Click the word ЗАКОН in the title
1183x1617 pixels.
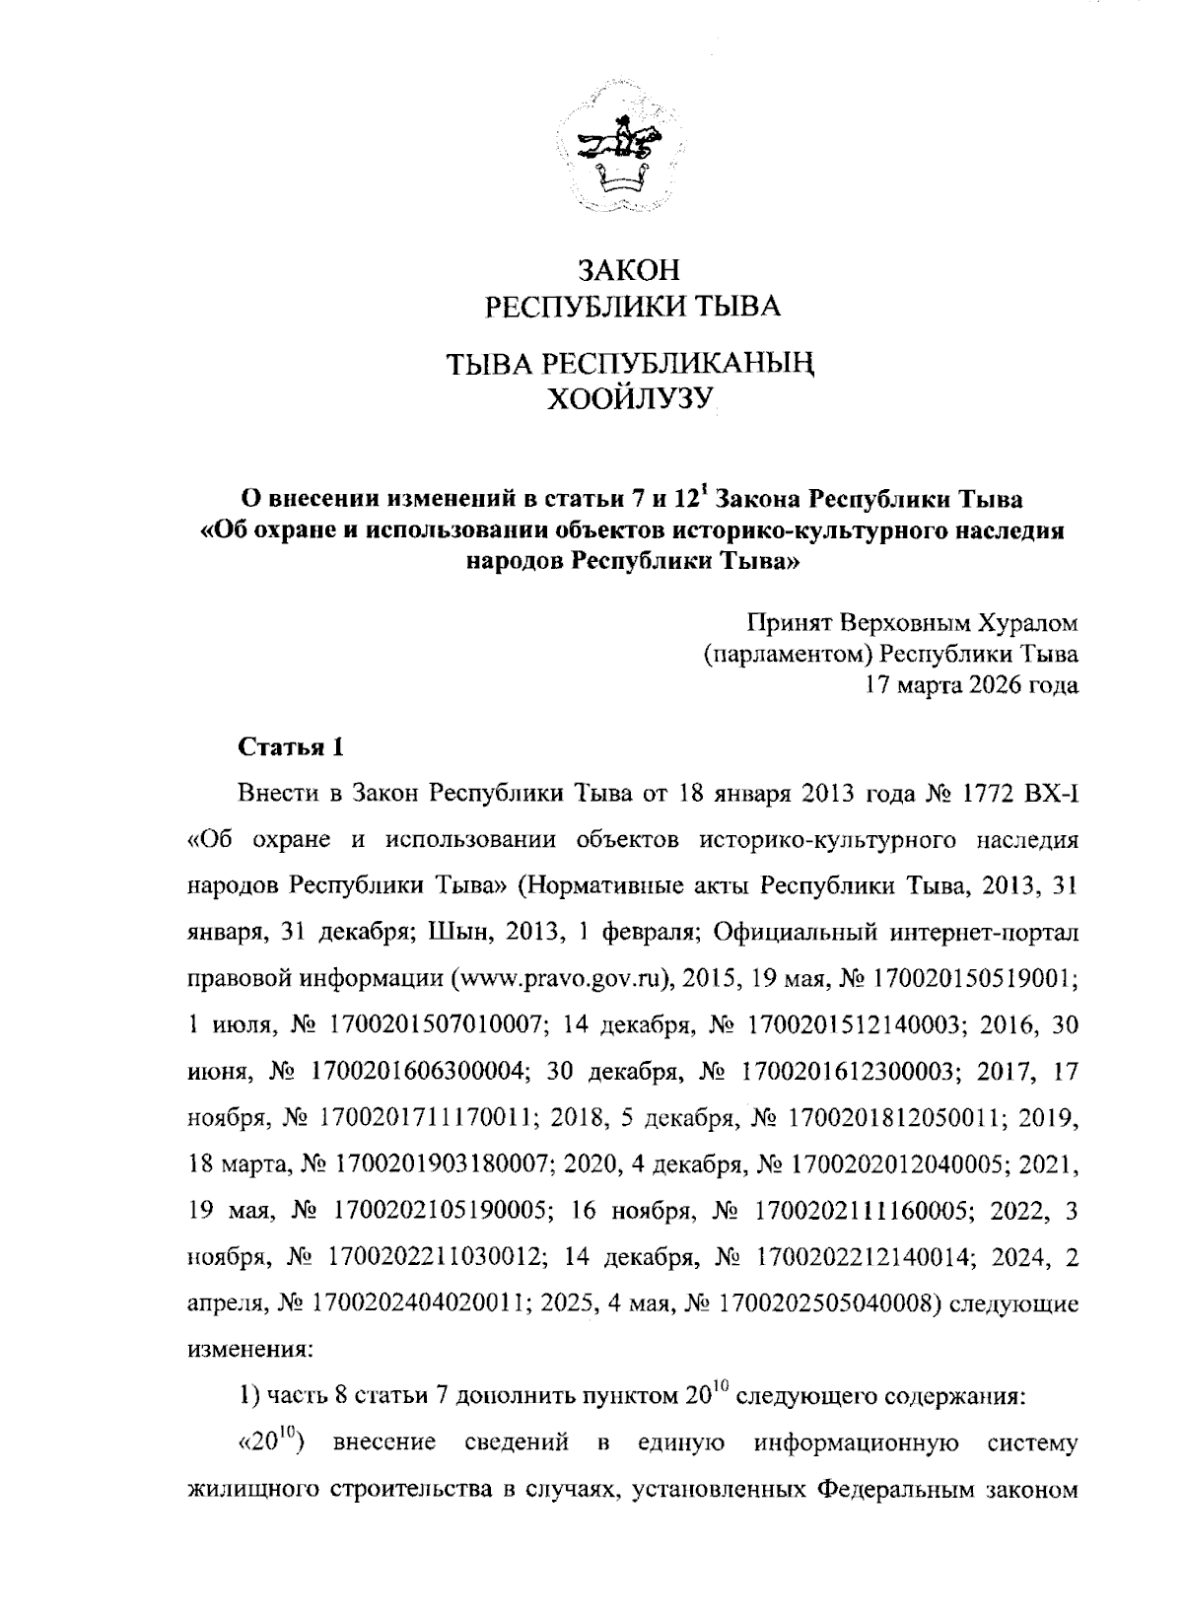pyautogui.click(x=629, y=270)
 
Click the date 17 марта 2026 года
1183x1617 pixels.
pyautogui.click(x=971, y=684)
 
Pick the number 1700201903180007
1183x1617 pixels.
pyautogui.click(x=442, y=1164)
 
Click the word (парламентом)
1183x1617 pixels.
pyautogui.click(x=790, y=654)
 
